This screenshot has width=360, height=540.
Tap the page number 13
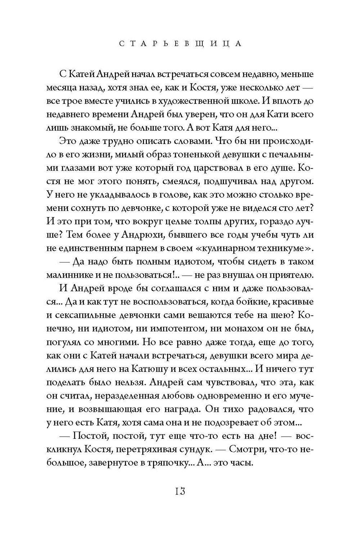point(180,491)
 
